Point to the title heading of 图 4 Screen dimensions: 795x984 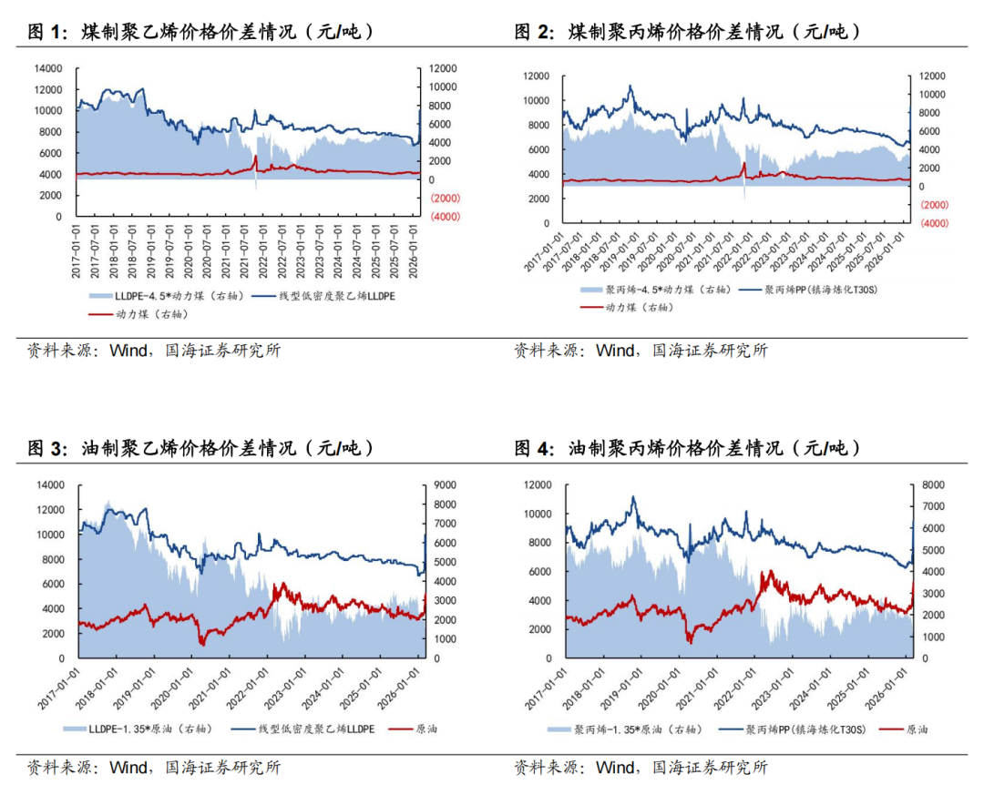click(x=688, y=449)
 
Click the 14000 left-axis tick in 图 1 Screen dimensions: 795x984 click(x=47, y=68)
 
